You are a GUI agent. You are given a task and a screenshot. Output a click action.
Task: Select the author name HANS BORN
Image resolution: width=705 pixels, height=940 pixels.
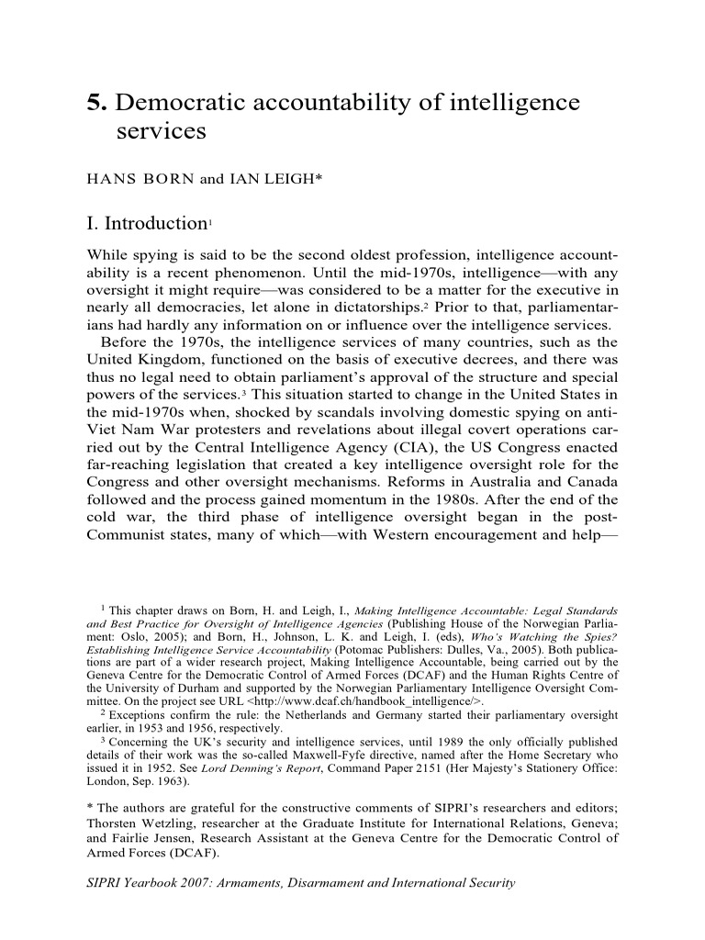(x=138, y=179)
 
